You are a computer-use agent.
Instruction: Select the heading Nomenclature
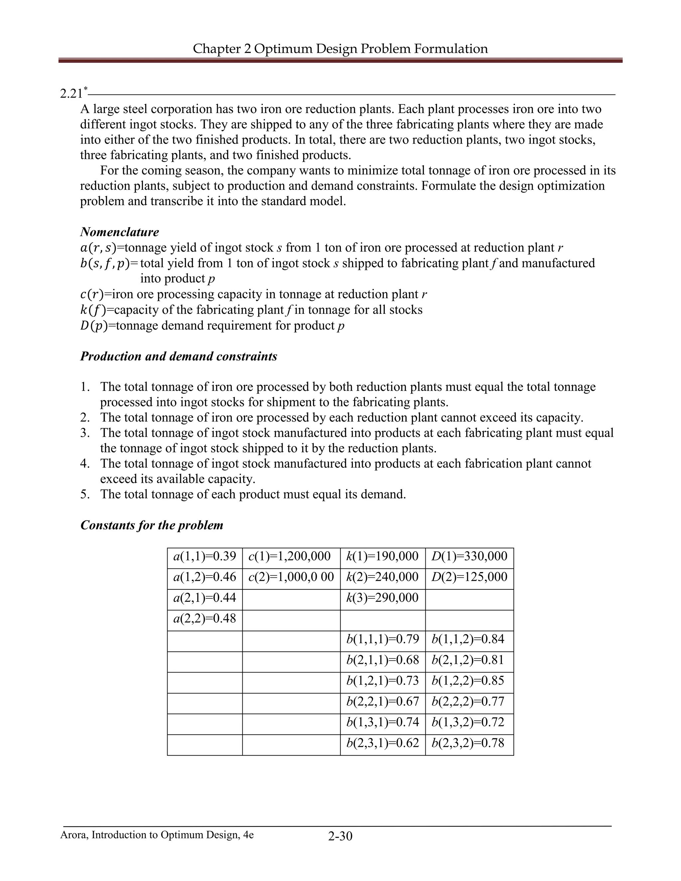click(119, 232)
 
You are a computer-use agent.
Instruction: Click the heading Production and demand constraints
click(179, 356)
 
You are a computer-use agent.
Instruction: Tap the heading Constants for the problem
click(152, 525)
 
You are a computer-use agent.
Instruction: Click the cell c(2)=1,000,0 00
click(291, 577)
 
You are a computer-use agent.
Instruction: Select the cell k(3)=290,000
click(382, 598)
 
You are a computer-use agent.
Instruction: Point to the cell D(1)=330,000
click(469, 556)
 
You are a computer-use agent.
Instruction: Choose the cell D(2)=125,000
click(469, 577)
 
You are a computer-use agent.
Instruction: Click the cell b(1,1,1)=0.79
click(382, 639)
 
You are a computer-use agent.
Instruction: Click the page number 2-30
click(340, 836)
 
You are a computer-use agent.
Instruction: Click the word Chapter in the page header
click(217, 49)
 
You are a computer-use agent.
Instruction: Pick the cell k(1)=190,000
click(382, 556)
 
